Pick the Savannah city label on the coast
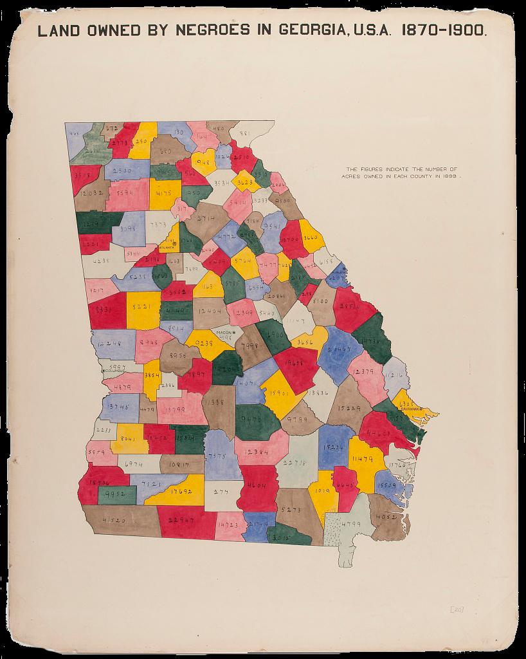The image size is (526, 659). (410, 409)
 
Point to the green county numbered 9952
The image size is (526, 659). (116, 494)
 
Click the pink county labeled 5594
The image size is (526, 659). (127, 194)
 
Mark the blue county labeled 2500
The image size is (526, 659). (125, 171)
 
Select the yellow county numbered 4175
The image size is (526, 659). (164, 192)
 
